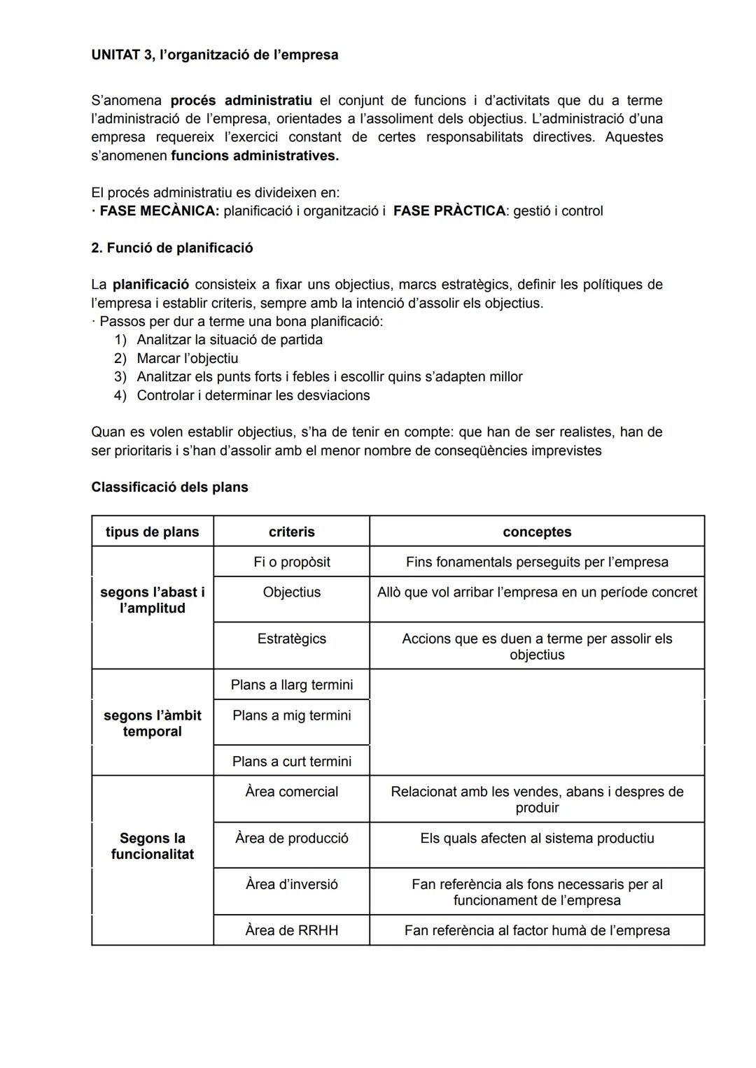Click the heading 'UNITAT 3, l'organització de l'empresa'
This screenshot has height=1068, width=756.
tap(214, 55)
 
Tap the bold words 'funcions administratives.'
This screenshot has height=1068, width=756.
tap(254, 156)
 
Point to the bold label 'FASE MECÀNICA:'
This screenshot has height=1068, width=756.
tap(159, 211)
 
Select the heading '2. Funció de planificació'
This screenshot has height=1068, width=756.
tap(172, 248)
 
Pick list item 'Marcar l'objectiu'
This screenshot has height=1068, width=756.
tap(188, 358)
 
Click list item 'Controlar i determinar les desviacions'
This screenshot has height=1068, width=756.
tap(253, 395)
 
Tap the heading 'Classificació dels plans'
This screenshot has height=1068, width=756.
tap(169, 487)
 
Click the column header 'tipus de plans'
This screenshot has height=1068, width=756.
tap(152, 532)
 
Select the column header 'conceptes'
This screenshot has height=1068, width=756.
tap(537, 532)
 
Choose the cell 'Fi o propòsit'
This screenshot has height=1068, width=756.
tap(291, 562)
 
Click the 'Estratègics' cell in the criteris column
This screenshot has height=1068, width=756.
tap(291, 639)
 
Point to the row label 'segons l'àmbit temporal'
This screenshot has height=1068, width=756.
tap(152, 723)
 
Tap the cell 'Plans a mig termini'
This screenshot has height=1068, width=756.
tap(291, 715)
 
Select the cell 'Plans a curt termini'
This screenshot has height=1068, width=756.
tap(291, 761)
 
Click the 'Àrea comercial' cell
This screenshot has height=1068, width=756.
tap(291, 792)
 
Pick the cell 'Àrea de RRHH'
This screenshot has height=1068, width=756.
tap(291, 930)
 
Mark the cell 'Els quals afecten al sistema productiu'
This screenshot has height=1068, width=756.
tap(537, 838)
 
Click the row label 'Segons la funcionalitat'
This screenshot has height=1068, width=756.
tap(152, 846)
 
